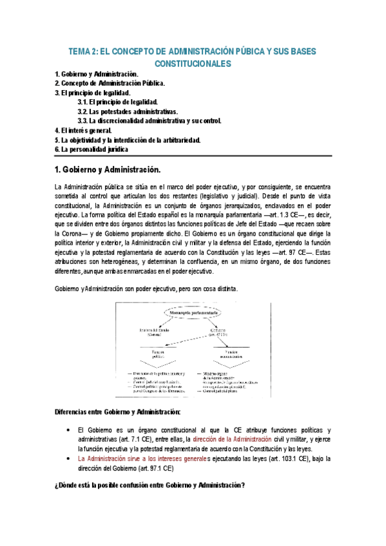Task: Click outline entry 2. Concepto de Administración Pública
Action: (110, 84)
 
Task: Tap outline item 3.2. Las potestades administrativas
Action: (132, 111)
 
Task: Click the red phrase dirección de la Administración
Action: (233, 439)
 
